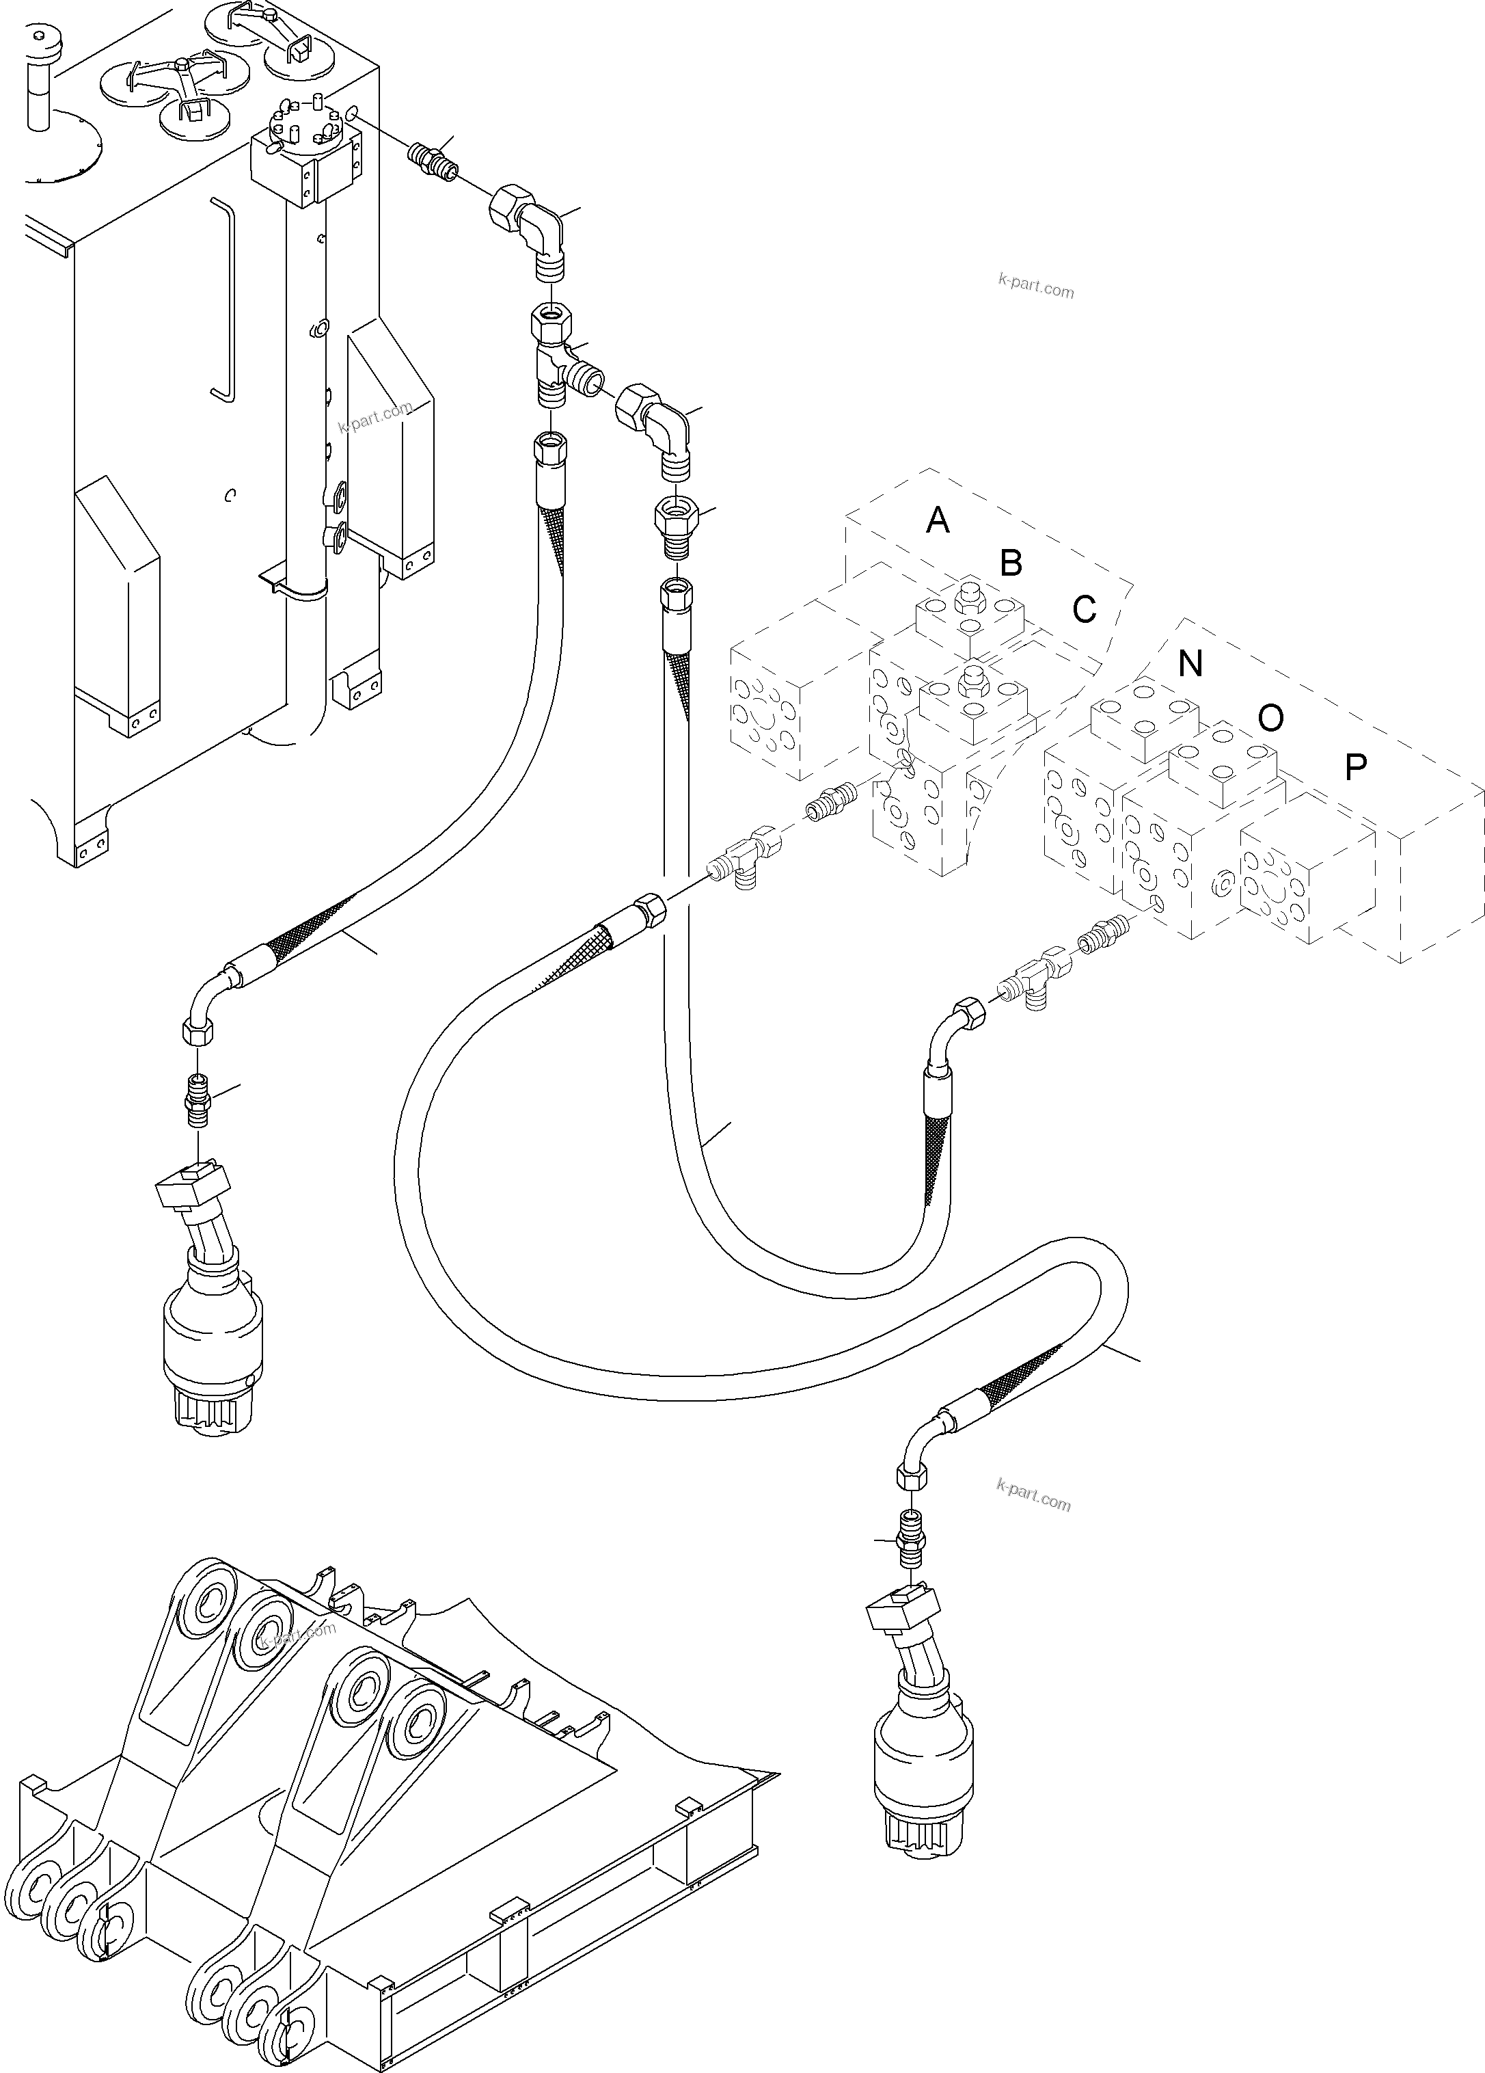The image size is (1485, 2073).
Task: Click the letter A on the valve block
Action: tap(937, 521)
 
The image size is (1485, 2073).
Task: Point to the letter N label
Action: tap(1190, 664)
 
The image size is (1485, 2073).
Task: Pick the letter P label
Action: tap(1355, 768)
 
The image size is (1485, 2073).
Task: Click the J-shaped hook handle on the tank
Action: tap(224, 302)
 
